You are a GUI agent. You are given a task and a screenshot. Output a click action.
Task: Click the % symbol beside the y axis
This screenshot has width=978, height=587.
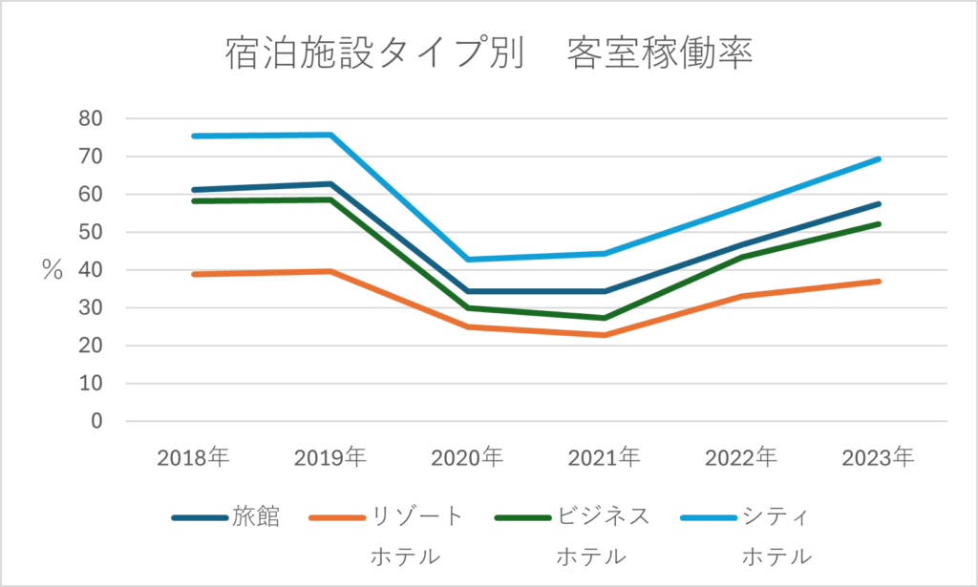coord(52,270)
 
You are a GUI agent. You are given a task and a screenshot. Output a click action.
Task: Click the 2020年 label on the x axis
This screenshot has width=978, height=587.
coord(467,457)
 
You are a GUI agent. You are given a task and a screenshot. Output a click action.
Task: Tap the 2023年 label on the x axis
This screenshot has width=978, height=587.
coord(879,457)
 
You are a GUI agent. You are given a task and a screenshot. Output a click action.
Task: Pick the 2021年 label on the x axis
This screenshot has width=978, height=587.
coord(605,457)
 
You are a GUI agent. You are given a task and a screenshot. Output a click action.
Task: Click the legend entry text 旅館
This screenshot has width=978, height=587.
coord(256,516)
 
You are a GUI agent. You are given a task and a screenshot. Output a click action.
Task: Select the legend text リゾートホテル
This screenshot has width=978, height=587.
coord(416,535)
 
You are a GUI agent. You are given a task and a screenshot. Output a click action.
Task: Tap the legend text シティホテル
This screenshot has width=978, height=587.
coord(776,535)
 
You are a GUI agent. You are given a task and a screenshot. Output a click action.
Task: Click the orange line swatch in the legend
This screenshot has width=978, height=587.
coord(336,517)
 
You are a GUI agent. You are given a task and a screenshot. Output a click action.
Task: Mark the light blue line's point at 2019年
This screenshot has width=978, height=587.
coord(330,135)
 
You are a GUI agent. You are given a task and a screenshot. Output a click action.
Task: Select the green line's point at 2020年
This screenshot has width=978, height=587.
coord(467,307)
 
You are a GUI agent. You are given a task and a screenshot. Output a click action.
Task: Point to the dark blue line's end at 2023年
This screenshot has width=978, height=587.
coord(879,203)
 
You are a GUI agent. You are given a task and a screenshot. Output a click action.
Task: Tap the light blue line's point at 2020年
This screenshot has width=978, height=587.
coord(467,260)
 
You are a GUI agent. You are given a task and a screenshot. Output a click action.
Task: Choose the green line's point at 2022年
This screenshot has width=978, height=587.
coord(741,257)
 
